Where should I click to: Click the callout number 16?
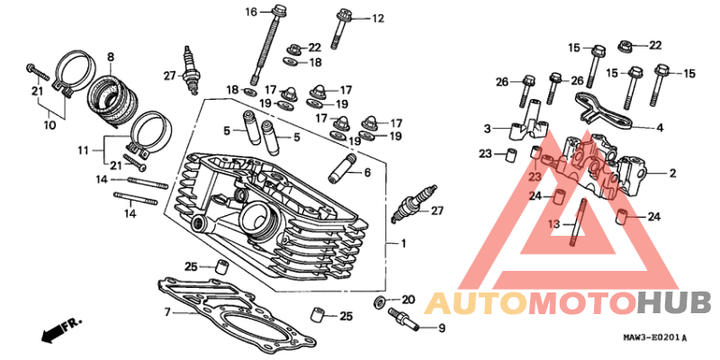(251, 12)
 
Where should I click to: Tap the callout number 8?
(111, 58)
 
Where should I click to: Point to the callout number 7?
(167, 312)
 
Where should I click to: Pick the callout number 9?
(441, 328)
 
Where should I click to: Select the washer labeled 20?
(380, 301)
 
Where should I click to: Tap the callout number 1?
(403, 244)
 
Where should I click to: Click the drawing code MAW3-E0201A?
(654, 338)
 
